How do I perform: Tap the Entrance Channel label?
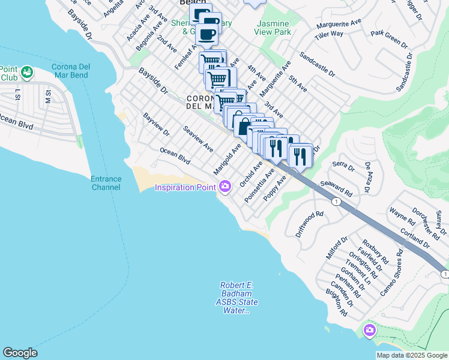click(106, 183)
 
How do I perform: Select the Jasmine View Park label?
click(274, 28)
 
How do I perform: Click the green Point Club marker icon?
click(27, 73)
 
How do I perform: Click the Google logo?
click(20, 353)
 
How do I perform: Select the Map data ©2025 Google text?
click(411, 355)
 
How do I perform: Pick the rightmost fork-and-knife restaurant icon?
click(300, 156)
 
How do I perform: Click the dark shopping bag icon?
click(244, 127)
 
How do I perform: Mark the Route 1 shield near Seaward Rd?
click(337, 202)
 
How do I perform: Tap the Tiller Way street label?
click(330, 34)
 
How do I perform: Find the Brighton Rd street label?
click(338, 302)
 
